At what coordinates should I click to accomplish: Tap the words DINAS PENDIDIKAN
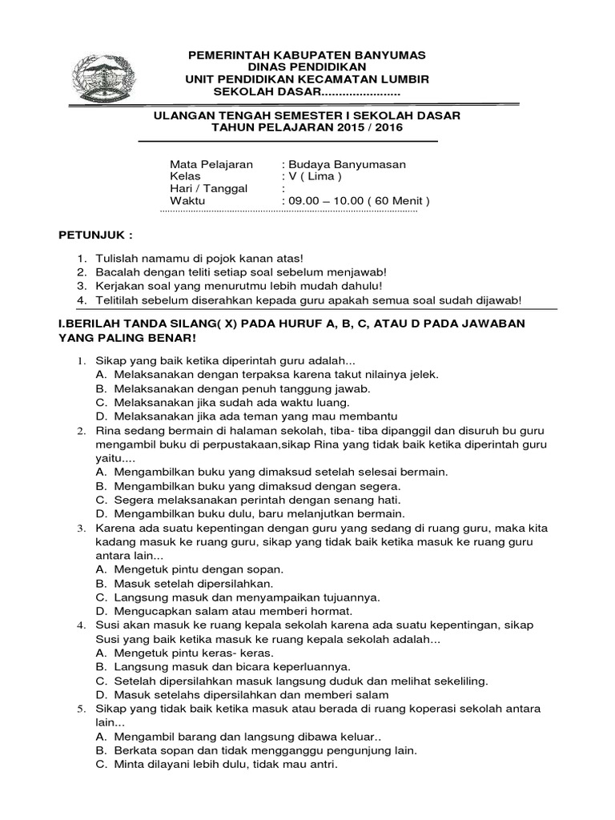(x=307, y=67)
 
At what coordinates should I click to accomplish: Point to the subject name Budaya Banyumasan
(x=346, y=164)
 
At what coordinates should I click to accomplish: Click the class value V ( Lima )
(x=315, y=176)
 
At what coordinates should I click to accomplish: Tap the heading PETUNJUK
(x=95, y=238)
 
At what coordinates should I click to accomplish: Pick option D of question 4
(x=241, y=694)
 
